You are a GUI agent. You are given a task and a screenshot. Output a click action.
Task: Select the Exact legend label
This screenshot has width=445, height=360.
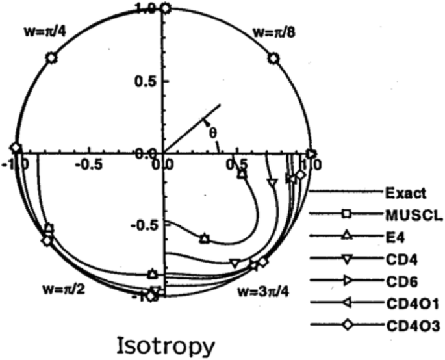click(x=405, y=192)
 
